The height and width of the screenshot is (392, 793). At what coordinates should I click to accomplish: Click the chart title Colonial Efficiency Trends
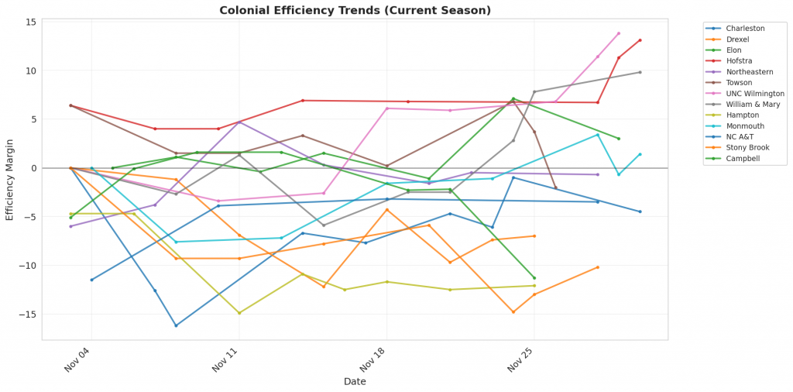click(355, 10)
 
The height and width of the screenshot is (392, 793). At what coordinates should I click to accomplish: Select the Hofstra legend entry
click(739, 60)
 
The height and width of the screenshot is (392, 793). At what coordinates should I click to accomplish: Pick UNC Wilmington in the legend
click(755, 93)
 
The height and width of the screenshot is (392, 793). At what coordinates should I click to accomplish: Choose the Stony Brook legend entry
click(747, 147)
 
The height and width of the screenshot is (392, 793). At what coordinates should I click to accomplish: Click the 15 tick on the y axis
click(29, 22)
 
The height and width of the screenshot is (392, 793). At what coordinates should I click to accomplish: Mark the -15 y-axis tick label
click(27, 315)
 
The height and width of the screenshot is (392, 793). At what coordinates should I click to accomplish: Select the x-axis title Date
click(355, 382)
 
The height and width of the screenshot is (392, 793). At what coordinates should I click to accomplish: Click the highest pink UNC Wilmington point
click(619, 33)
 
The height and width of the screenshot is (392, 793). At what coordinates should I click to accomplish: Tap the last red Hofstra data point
click(640, 40)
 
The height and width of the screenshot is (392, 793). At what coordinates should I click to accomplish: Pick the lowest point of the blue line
click(176, 325)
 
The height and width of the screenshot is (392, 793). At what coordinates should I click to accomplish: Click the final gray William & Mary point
click(640, 73)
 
